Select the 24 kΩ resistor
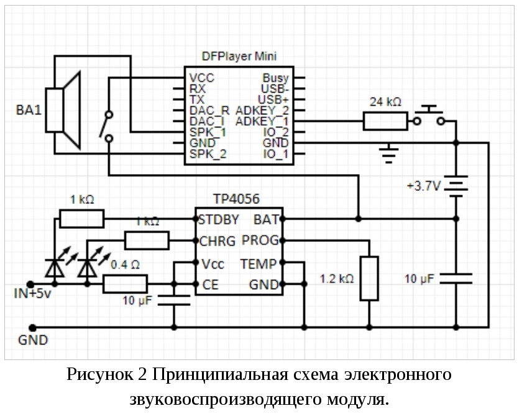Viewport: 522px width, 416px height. pos(385,121)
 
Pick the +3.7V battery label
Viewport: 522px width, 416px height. pos(423,185)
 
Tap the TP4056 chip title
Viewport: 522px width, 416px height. pos(236,199)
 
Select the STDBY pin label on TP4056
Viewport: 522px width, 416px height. pos(219,219)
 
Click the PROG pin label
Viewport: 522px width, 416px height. pos(259,240)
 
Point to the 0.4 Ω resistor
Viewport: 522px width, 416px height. pos(125,284)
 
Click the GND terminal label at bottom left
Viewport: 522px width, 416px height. pos(33,340)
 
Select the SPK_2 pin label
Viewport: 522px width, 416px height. pos(208,154)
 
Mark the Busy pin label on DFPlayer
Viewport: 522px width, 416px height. pos(275,78)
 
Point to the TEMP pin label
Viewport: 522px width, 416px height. pos(259,263)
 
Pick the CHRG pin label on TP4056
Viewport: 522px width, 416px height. pos(216,241)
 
